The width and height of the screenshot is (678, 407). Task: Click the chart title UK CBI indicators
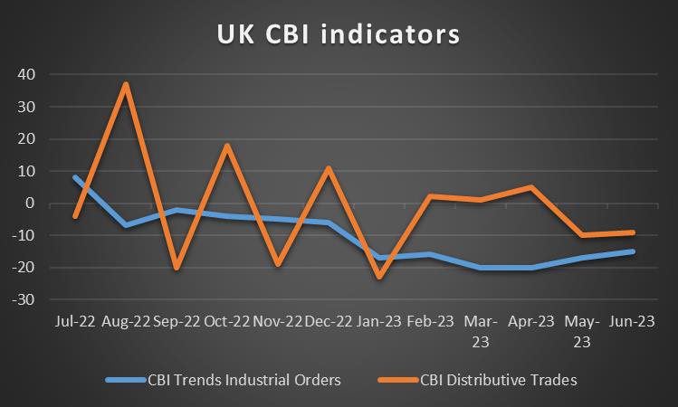coord(339,34)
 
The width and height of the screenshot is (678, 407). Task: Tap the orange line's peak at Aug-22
coord(126,84)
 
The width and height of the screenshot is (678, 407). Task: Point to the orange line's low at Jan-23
coord(378,277)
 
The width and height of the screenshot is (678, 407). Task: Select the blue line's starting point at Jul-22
coord(75,177)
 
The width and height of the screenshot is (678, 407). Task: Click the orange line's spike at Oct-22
coord(227,146)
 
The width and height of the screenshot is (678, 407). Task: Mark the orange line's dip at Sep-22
coord(177,268)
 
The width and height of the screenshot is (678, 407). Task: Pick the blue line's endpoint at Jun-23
coord(632,251)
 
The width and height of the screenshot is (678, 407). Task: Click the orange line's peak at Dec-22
coord(328,168)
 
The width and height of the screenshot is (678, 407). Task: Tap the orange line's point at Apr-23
coord(530,187)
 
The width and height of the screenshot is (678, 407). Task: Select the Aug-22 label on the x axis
coord(126,321)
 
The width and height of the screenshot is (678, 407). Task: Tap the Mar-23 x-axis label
coord(480,331)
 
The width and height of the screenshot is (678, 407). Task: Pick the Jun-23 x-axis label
coord(632,321)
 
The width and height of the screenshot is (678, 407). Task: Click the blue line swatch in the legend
coord(125,381)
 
